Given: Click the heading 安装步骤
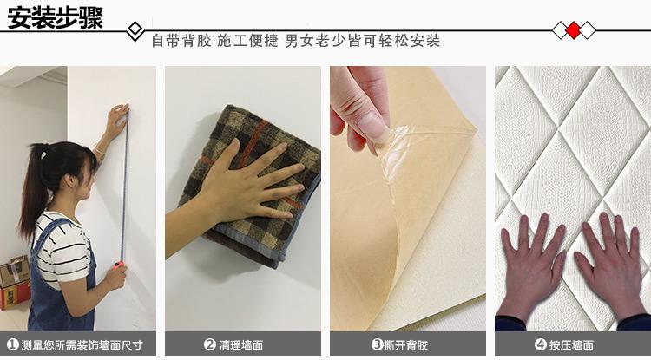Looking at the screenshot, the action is [56, 18].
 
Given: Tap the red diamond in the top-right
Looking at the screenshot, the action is [574, 30].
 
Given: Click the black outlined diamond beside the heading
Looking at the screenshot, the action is [135, 29].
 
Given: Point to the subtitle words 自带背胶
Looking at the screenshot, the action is [181, 41].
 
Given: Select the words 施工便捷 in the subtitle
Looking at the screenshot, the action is [248, 41].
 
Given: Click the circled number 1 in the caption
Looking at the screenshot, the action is [13, 344].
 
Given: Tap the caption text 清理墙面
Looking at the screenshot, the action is [240, 344].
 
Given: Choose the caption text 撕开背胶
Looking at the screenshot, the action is [405, 344].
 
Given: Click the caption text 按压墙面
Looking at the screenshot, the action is [571, 344].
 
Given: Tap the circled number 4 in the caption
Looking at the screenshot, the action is [540, 344].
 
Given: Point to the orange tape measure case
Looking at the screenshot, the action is [119, 265].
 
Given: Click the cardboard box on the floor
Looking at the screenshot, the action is [15, 282].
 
